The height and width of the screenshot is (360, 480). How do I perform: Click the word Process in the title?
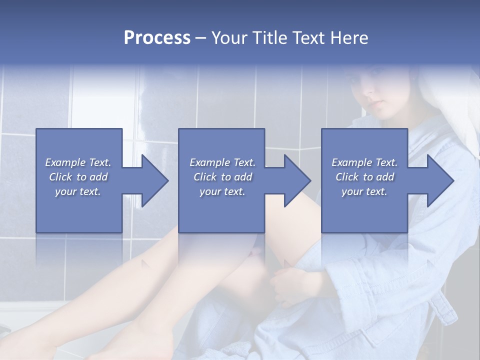tap(157, 38)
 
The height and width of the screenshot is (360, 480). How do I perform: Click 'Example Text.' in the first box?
tap(78, 162)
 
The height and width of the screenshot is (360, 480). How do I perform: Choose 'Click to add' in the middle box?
tap(222, 177)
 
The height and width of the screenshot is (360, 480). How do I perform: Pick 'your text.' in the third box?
tap(364, 191)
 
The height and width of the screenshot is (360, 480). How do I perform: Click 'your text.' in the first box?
tap(78, 191)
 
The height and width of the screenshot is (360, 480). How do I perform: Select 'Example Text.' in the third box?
tap(364, 162)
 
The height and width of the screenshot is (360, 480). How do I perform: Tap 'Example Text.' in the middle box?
tap(222, 162)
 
